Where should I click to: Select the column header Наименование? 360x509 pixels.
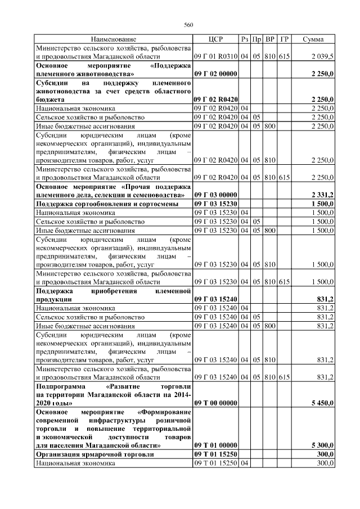[x=113, y=39]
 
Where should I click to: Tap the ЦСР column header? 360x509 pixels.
[x=216, y=39]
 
